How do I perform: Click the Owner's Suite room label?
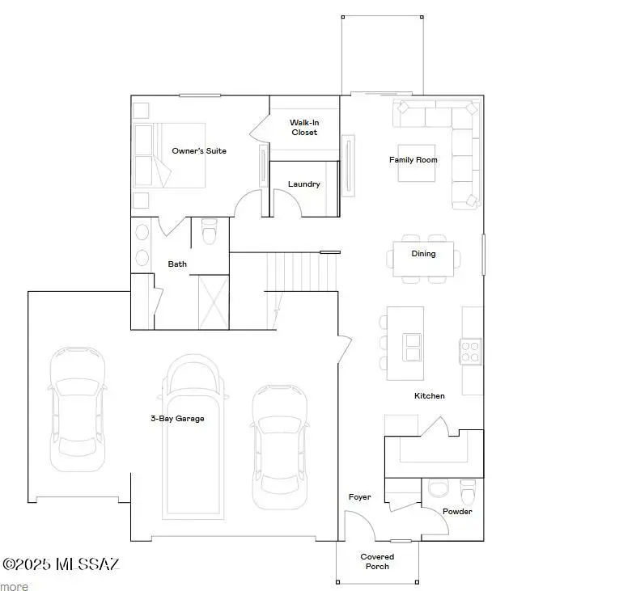[199, 151]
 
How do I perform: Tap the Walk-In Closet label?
[304, 128]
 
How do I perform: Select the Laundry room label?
[304, 184]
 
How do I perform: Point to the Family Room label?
[413, 160]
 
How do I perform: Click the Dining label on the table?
[423, 254]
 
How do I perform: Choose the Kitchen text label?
[430, 396]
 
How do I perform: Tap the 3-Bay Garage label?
[177, 419]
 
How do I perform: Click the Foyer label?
[360, 497]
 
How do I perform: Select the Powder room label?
[457, 512]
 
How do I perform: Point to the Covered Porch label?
[377, 561]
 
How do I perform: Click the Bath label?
[177, 264]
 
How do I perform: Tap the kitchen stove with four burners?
[471, 351]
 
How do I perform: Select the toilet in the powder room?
[468, 492]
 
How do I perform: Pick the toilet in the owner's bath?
[210, 233]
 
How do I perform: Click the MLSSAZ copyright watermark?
[61, 564]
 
